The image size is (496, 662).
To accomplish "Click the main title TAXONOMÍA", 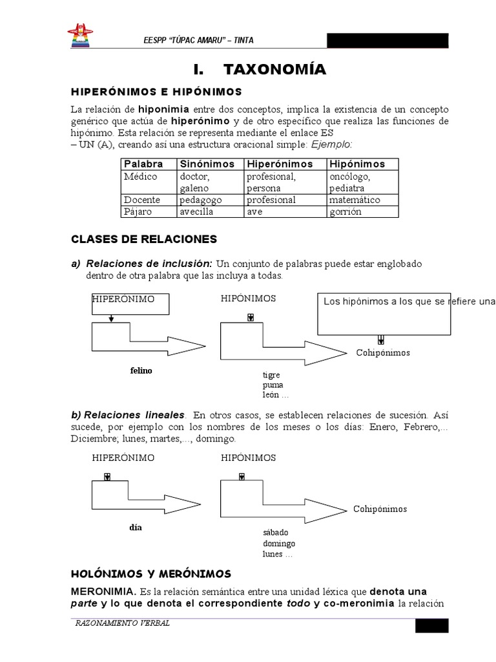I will tap(260, 69).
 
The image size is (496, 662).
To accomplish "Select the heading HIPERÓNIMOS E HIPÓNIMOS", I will tap(156, 92).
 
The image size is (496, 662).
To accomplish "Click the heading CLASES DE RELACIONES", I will tap(143, 239).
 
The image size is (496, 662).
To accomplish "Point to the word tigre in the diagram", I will tap(271, 376).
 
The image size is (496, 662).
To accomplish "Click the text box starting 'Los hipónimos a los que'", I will tap(384, 314).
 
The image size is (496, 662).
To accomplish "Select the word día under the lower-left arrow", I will tap(135, 527).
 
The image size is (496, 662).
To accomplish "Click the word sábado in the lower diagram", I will tap(275, 532).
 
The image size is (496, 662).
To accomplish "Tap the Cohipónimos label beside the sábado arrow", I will tap(380, 509).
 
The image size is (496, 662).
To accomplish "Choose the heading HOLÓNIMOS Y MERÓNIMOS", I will tap(150, 573).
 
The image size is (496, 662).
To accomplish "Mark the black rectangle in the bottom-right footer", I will tap(431, 625).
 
